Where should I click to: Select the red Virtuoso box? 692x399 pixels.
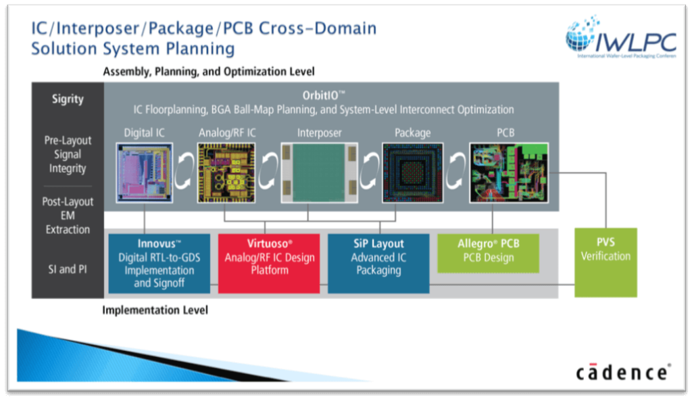[x=268, y=263]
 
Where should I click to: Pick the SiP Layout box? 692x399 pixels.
[x=378, y=263]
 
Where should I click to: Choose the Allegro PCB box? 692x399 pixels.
[x=489, y=252]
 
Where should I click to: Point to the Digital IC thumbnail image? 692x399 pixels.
[x=144, y=172]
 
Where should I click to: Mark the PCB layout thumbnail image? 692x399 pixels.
[x=509, y=172]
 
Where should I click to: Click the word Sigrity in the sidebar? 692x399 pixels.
[x=68, y=99]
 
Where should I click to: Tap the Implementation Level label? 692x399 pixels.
[x=155, y=310]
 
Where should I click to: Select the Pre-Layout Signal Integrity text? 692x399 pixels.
[x=69, y=154]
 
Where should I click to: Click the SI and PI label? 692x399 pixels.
[x=68, y=268]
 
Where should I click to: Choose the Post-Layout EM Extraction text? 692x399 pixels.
[x=68, y=216]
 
